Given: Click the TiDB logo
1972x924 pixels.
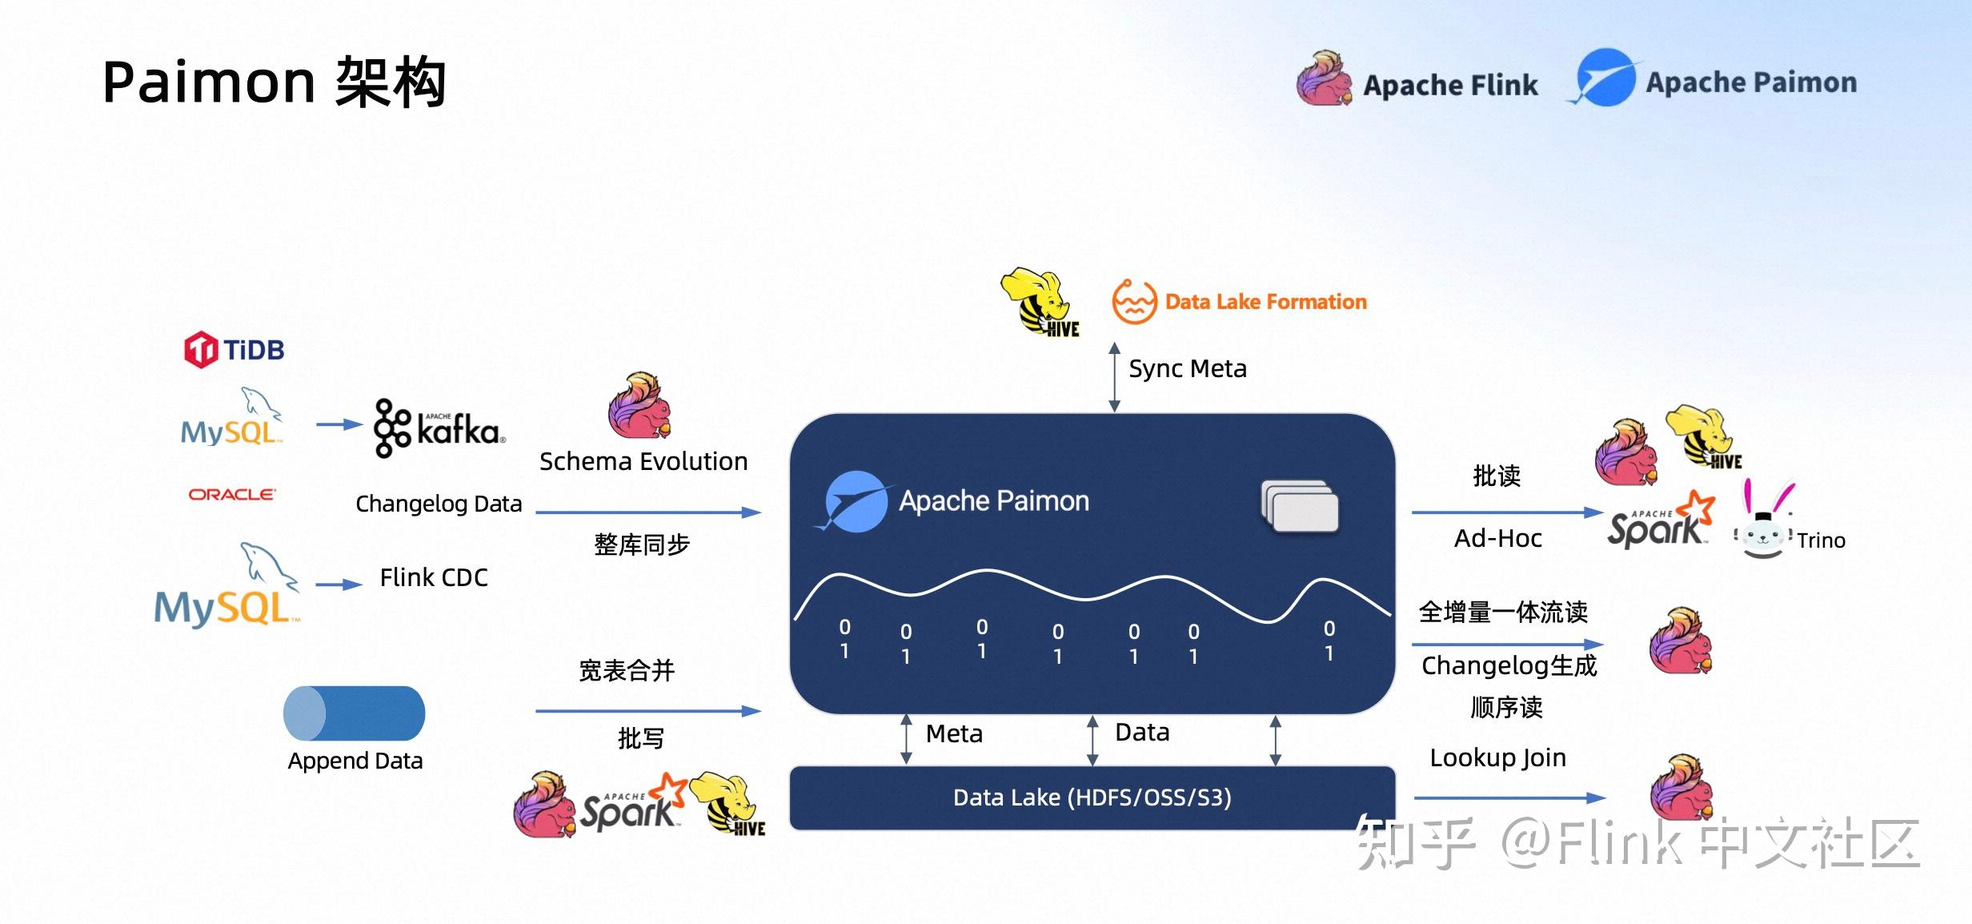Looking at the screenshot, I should click(x=234, y=350).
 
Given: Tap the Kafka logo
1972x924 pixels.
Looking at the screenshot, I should click(x=439, y=429).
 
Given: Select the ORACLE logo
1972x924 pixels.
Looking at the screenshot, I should click(x=232, y=494).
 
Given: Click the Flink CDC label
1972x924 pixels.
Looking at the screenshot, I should click(x=434, y=577).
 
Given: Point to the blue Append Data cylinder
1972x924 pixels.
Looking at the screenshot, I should click(x=354, y=713).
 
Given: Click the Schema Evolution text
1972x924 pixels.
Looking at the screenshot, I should click(x=643, y=461).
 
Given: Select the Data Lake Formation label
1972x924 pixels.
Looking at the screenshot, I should click(x=1265, y=302).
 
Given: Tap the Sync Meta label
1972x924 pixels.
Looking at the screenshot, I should click(x=1188, y=368).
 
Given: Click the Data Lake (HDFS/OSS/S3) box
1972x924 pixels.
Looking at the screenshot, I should click(x=1092, y=797).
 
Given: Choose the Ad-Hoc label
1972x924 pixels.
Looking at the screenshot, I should click(x=1497, y=538).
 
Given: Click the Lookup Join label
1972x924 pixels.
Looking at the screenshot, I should click(x=1497, y=757).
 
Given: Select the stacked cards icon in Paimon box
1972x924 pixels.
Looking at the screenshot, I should click(x=1300, y=506).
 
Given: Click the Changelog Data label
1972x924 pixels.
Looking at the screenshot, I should click(x=439, y=504).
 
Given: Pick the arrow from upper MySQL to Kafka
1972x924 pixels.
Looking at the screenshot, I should click(x=339, y=424).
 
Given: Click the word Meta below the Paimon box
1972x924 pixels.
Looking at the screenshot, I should click(x=954, y=733).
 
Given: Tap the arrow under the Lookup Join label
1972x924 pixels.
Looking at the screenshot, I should click(x=1509, y=797).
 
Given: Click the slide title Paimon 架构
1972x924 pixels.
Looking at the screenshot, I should click(x=275, y=82).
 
